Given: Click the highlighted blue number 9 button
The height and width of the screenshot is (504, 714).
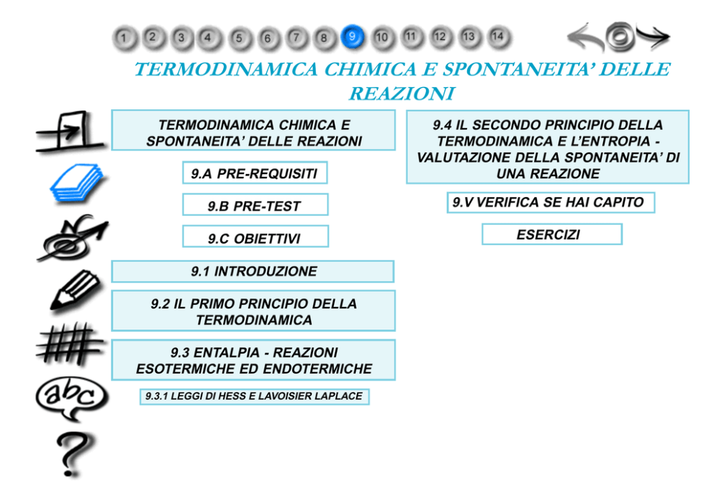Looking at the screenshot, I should pos(352,36).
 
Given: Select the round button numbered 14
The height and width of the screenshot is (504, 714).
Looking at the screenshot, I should pos(497,35).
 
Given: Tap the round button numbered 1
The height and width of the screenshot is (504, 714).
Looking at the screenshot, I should pos(125,37).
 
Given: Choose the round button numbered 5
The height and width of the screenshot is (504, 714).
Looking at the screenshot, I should pos(239,37).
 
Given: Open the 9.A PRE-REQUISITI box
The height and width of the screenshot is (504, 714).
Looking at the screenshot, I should pos(255,173).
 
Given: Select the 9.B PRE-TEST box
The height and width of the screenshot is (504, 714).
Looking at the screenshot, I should pos(255,205).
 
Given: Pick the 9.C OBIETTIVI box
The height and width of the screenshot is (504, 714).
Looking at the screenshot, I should pos(255,237).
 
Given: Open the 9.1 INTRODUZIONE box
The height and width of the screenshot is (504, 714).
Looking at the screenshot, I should pos(253,271).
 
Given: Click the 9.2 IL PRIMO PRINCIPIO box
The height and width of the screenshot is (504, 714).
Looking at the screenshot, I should pos(253,311).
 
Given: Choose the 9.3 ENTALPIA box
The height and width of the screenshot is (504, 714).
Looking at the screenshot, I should pos(253,360).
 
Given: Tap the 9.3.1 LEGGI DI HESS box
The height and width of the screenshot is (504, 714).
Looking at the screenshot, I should pos(253,396).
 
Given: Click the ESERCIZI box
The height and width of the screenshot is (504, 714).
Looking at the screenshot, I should pos(551,234).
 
